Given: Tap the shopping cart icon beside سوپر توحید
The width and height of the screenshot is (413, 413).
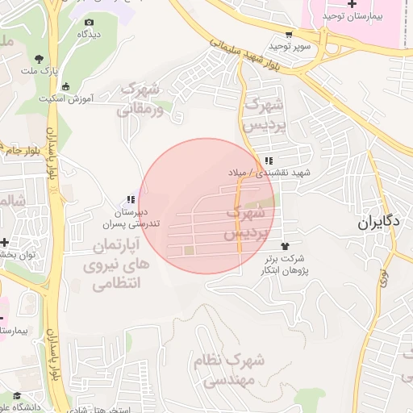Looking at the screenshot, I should (289, 34).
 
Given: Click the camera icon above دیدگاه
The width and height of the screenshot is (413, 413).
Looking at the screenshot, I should (89, 22).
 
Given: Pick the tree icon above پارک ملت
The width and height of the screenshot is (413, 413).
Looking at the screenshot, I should (40, 58).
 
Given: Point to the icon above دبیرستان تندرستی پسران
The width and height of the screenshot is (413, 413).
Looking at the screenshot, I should (131, 199).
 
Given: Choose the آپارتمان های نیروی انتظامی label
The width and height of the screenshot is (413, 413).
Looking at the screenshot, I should (113, 264).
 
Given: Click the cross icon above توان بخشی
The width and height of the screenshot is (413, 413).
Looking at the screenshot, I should (5, 242).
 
